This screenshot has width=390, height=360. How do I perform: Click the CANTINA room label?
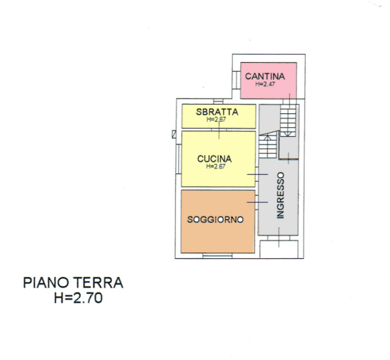265,76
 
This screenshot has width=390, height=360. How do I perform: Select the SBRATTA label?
217,112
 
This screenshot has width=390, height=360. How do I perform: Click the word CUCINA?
214,158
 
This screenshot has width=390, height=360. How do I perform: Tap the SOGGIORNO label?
215,220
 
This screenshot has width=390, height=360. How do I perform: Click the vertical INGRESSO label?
281,195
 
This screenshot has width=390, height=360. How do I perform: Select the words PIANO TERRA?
73,283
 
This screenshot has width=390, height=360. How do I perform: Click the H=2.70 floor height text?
78,298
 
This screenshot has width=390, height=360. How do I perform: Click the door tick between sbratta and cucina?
220,130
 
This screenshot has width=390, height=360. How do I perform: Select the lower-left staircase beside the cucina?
268,145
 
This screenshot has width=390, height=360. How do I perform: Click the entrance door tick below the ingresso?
279,238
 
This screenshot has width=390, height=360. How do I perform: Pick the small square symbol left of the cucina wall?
174,134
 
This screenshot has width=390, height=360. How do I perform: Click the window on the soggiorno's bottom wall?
217,256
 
